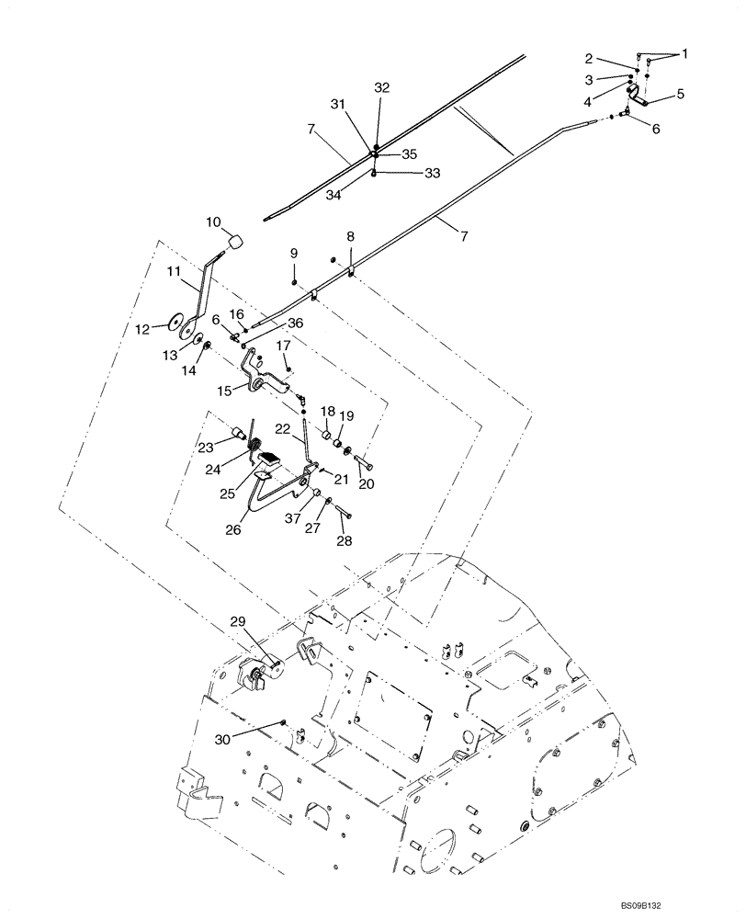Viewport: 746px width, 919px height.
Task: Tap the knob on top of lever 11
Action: click(x=233, y=242)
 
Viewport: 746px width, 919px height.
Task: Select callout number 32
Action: click(x=381, y=88)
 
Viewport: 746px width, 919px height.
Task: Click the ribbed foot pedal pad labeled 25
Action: click(x=272, y=459)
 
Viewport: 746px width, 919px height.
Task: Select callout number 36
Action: click(x=294, y=323)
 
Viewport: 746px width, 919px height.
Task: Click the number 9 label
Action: click(x=294, y=253)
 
